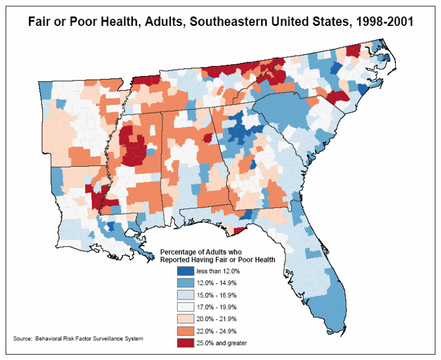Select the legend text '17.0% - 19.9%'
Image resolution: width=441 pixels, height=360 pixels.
pyautogui.click(x=216, y=307)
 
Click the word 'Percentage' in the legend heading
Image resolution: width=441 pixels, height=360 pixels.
pyautogui.click(x=180, y=252)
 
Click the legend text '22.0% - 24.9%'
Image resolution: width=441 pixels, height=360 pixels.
pyautogui.click(x=216, y=331)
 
